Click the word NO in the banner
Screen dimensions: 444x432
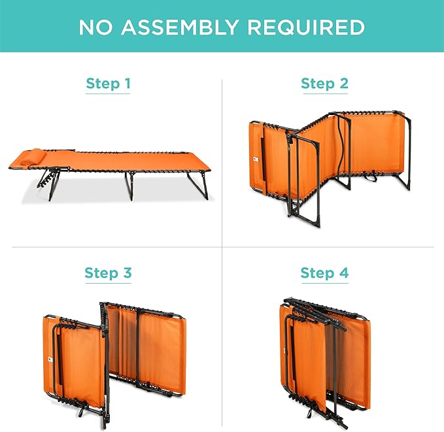click(95, 27)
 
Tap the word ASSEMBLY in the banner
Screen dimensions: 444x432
click(180, 27)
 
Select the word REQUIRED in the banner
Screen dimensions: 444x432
click(306, 27)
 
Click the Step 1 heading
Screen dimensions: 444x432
click(108, 84)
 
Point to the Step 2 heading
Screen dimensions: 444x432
click(324, 84)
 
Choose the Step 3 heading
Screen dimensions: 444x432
click(108, 273)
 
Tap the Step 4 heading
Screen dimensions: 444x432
click(324, 273)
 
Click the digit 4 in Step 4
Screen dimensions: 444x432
click(343, 273)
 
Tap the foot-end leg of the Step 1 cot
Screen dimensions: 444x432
click(198, 186)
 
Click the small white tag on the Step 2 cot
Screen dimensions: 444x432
click(256, 159)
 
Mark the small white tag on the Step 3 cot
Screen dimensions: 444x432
click(50, 359)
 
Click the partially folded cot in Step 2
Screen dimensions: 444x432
click(330, 167)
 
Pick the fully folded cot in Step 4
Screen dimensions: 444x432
click(326, 363)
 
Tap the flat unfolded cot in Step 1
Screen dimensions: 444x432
click(110, 173)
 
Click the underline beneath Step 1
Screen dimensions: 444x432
click(108, 93)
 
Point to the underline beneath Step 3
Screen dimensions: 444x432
click(108, 283)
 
